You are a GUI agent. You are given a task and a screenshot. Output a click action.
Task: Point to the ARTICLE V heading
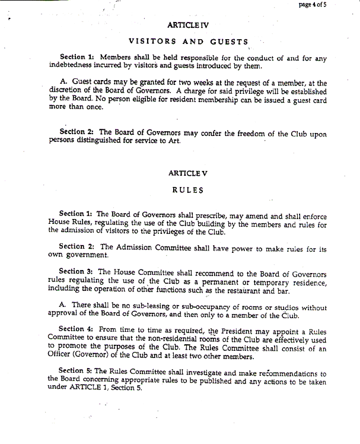(188, 173)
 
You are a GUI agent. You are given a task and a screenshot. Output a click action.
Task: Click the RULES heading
(188, 191)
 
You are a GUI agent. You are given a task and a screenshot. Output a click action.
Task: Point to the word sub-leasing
(149, 308)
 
